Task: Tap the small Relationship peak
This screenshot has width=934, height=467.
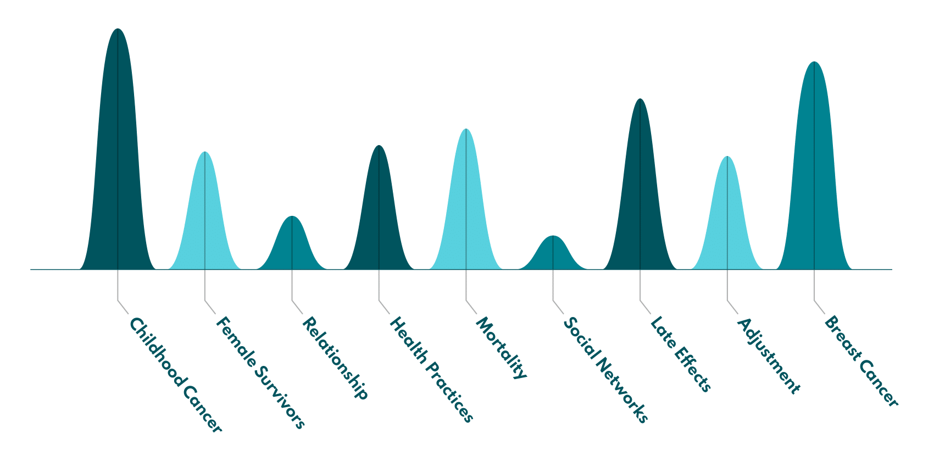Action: pos(292,247)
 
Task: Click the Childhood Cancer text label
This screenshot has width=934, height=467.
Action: pos(175,376)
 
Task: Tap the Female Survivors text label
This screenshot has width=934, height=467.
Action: pos(260,373)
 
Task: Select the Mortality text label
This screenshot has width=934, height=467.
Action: pos(501,348)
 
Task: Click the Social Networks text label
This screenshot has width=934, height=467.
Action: pos(605,371)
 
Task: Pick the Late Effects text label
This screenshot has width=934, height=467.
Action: pos(681,355)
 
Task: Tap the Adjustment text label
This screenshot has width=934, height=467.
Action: pos(768,356)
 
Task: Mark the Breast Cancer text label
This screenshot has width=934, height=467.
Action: pos(861,362)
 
